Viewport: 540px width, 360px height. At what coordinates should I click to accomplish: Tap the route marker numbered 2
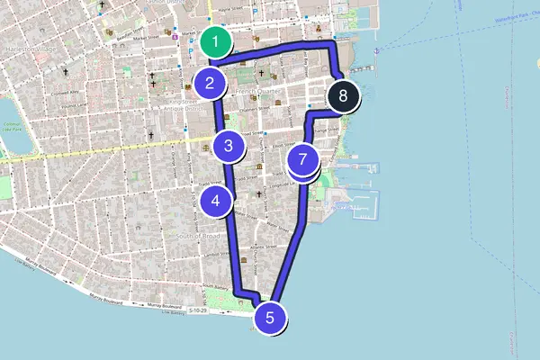(209, 85)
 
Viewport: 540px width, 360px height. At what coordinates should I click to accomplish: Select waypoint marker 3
(229, 145)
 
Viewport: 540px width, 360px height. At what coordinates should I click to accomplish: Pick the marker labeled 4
(216, 202)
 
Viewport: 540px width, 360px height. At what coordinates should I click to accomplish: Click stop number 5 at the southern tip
(270, 317)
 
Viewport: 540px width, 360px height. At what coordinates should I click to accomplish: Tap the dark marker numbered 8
(343, 94)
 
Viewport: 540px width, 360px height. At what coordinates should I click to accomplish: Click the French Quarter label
(256, 93)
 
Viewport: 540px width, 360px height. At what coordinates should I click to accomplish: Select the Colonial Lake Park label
(11, 128)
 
